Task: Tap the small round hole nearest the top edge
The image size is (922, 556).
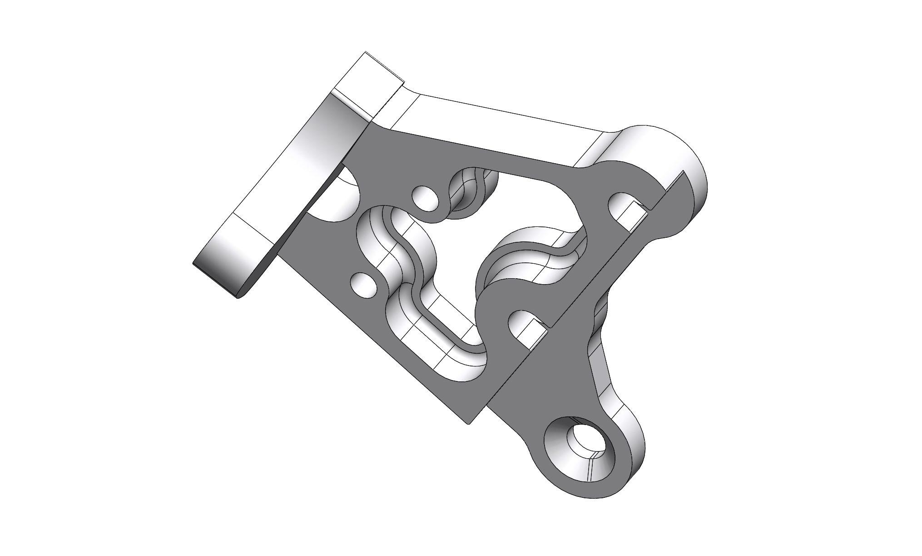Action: coord(425,198)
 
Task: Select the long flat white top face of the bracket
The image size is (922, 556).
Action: coord(500,132)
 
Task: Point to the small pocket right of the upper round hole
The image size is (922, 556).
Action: coord(468,191)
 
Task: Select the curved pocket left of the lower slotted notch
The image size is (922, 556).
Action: coord(513,264)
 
